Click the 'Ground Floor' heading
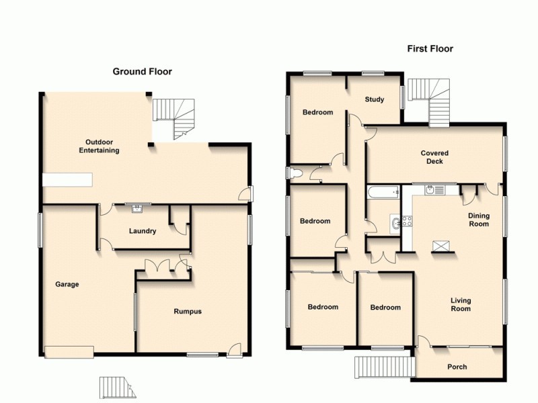tap(142, 71)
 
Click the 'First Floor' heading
tap(430, 49)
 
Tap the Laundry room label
tap(143, 231)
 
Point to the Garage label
tap(67, 284)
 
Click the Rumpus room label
tap(188, 311)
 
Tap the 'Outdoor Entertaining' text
tap(102, 146)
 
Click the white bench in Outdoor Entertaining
tap(67, 179)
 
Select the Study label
tap(375, 99)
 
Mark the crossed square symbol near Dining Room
tap(440, 246)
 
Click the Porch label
tap(457, 367)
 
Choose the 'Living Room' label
tap(461, 304)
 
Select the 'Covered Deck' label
tap(434, 157)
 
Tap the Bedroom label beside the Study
tap(317, 112)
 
